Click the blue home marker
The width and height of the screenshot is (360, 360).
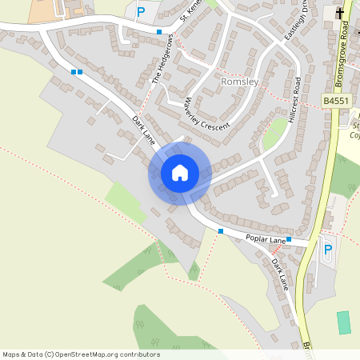pos(179,173)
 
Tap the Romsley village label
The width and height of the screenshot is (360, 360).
pos(237,82)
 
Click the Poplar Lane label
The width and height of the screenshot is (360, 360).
pos(266,238)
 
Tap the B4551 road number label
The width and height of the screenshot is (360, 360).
pos(337,101)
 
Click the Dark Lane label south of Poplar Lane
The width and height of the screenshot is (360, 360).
pos(278,273)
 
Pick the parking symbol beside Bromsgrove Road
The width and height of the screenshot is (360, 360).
pos(326,250)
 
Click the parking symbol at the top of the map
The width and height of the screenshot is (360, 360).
pos(141,12)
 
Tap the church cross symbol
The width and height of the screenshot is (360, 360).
pos(340,13)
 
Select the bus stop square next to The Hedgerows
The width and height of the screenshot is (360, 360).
pos(159,32)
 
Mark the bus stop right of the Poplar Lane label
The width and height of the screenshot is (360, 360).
pos(289,239)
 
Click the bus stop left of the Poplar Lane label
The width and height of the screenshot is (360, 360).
pos(221,231)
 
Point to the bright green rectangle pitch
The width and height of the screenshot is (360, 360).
pos(344,322)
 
